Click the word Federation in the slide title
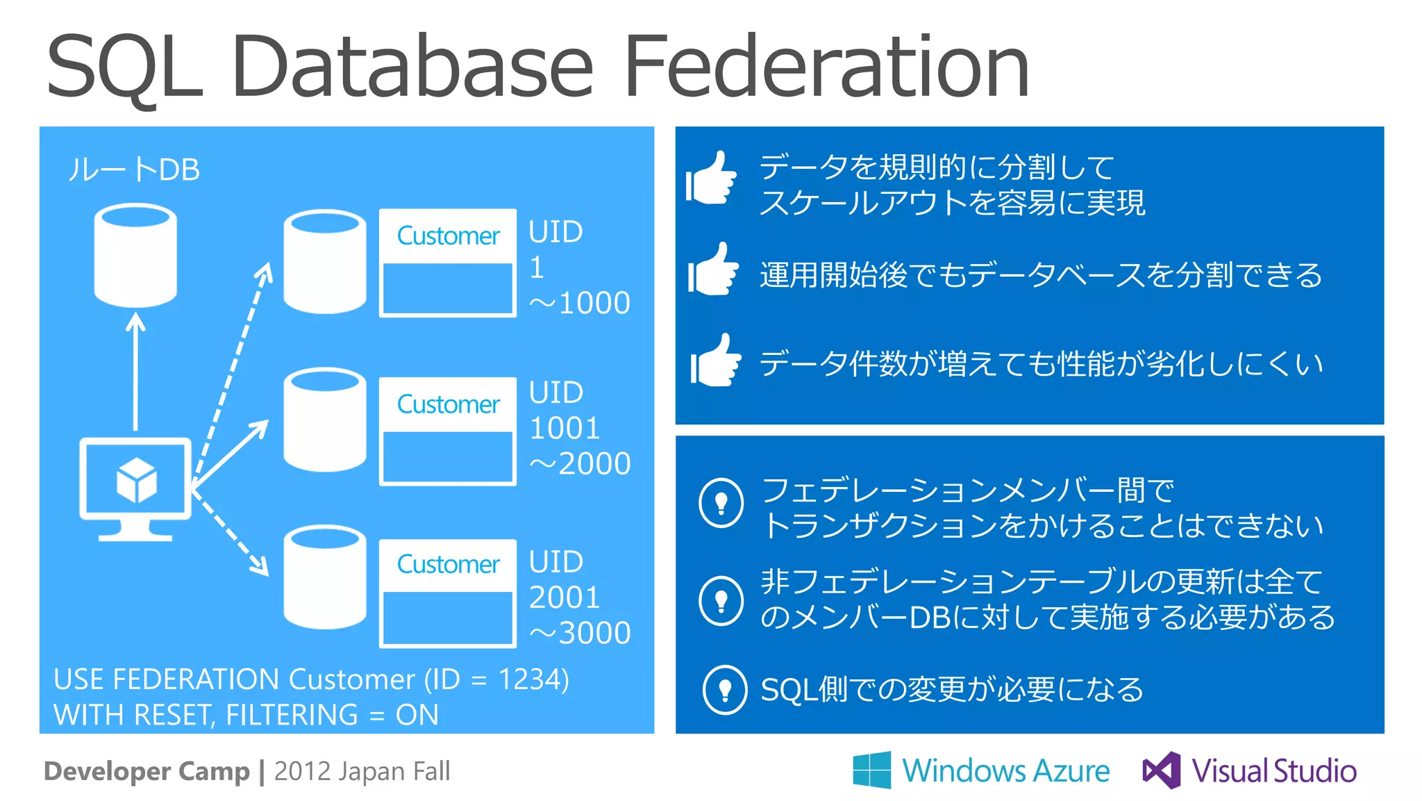coord(826,67)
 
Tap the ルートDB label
coord(134,170)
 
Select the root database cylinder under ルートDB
coord(135,256)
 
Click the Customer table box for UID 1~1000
coord(448,263)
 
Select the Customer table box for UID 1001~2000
coord(448,431)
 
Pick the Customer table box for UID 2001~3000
coord(448,593)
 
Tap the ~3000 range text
coord(580,633)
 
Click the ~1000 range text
coord(580,303)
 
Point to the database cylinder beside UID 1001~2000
coord(325,420)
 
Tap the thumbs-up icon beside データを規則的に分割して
coord(711,179)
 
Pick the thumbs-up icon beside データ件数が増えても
coord(715,361)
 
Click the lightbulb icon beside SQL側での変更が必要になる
coord(725,689)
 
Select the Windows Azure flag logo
coord(872,770)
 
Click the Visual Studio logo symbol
coord(1162,770)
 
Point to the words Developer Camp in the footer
coord(147,771)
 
